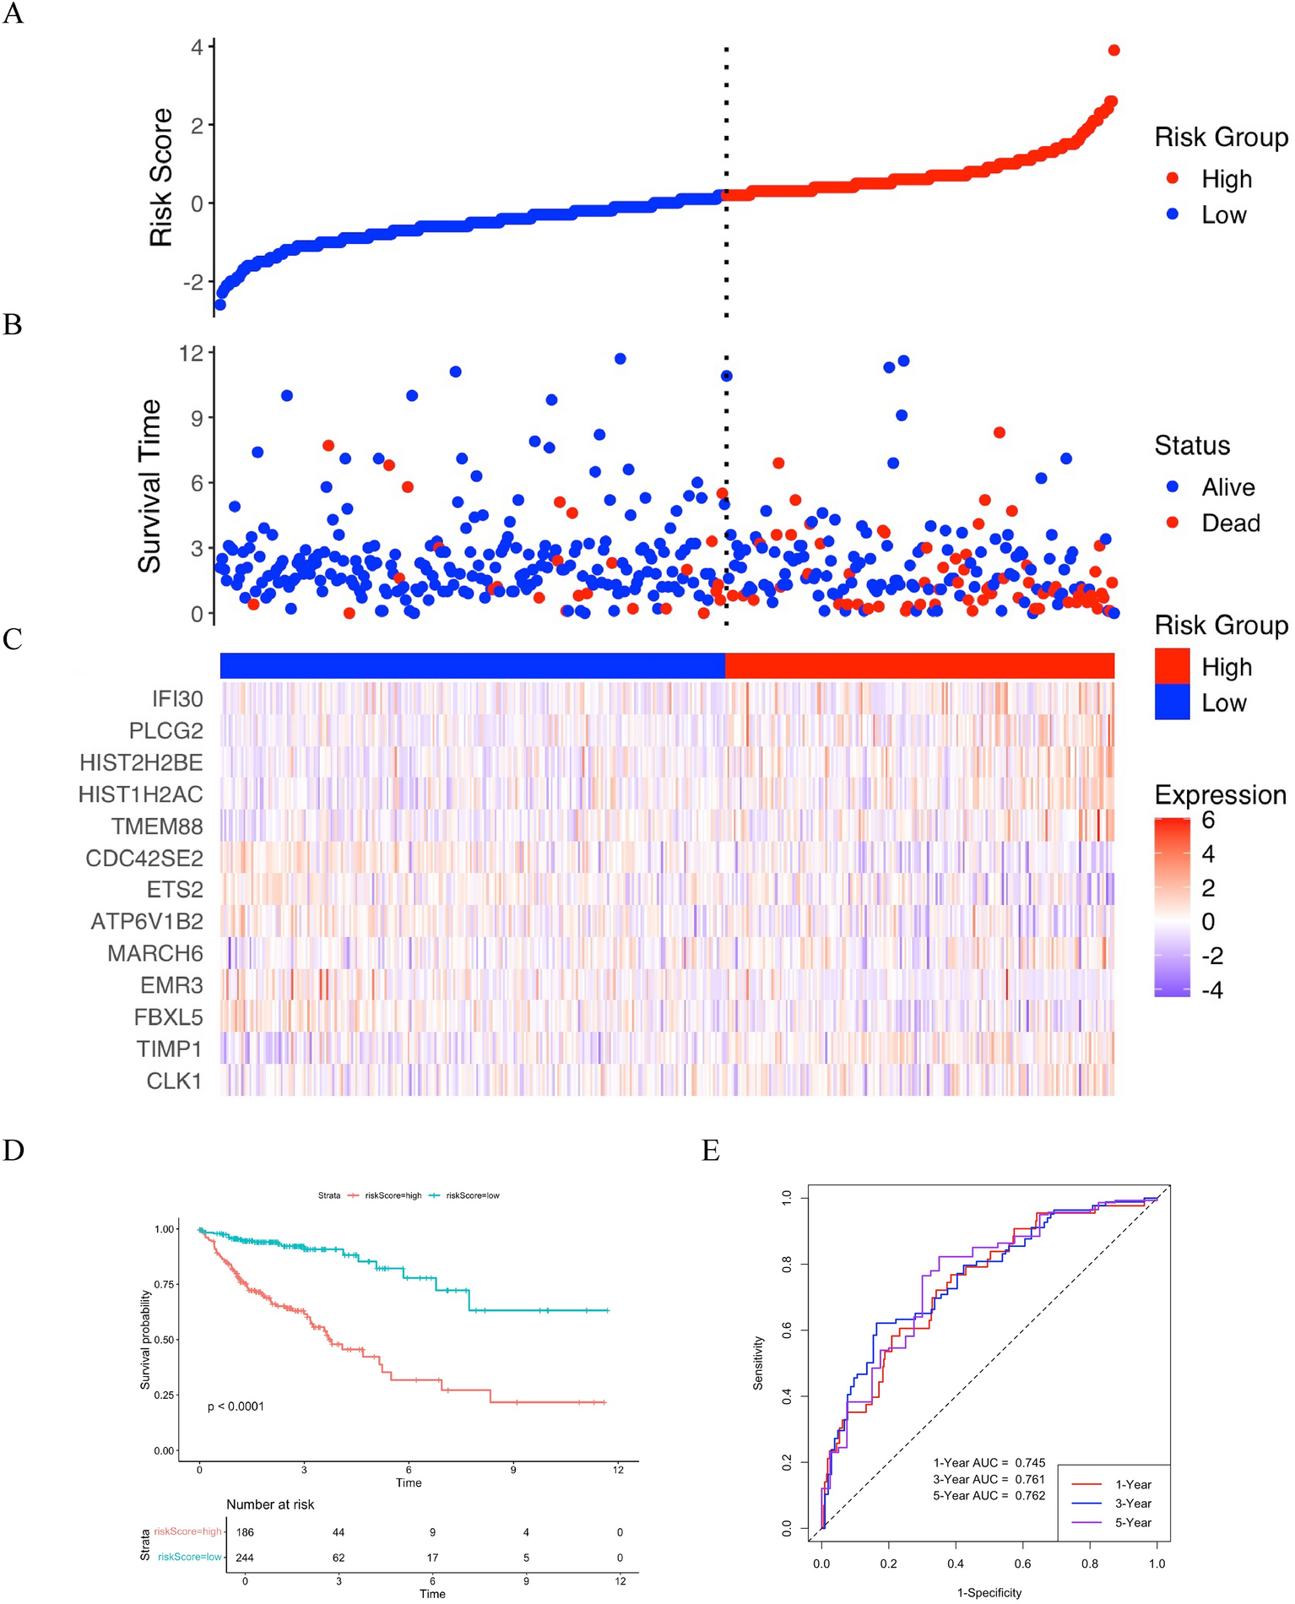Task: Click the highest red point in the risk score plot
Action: (1113, 51)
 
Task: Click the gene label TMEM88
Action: (157, 826)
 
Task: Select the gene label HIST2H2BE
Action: (141, 763)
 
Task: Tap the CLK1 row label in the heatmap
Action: (174, 1081)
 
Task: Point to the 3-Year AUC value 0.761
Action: (1029, 1479)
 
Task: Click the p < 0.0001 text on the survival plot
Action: (236, 1406)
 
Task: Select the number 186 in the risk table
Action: (245, 1532)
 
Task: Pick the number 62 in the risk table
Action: (339, 1558)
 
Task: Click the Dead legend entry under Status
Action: (1230, 523)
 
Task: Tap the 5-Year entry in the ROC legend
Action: (1133, 1523)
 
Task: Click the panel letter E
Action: (711, 1151)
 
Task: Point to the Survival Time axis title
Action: (149, 486)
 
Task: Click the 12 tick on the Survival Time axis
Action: (192, 353)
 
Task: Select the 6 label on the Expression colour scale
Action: (1208, 820)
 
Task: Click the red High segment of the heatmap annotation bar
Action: (919, 665)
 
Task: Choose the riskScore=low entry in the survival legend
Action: (472, 1195)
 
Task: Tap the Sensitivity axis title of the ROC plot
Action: (758, 1363)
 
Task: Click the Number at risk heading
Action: (270, 1504)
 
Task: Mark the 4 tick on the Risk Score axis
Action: (197, 47)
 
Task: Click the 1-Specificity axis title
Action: (989, 1593)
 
